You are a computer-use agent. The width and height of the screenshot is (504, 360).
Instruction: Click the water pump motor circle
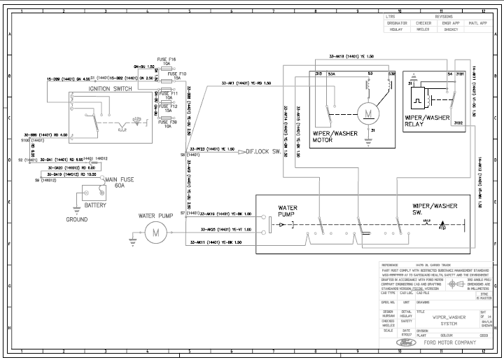(x=157, y=233)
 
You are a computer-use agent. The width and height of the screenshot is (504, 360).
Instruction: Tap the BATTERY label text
(x=95, y=205)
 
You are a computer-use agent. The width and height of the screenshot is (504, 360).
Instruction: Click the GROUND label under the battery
(x=77, y=219)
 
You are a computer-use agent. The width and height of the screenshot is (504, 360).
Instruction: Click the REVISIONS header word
(x=444, y=15)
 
